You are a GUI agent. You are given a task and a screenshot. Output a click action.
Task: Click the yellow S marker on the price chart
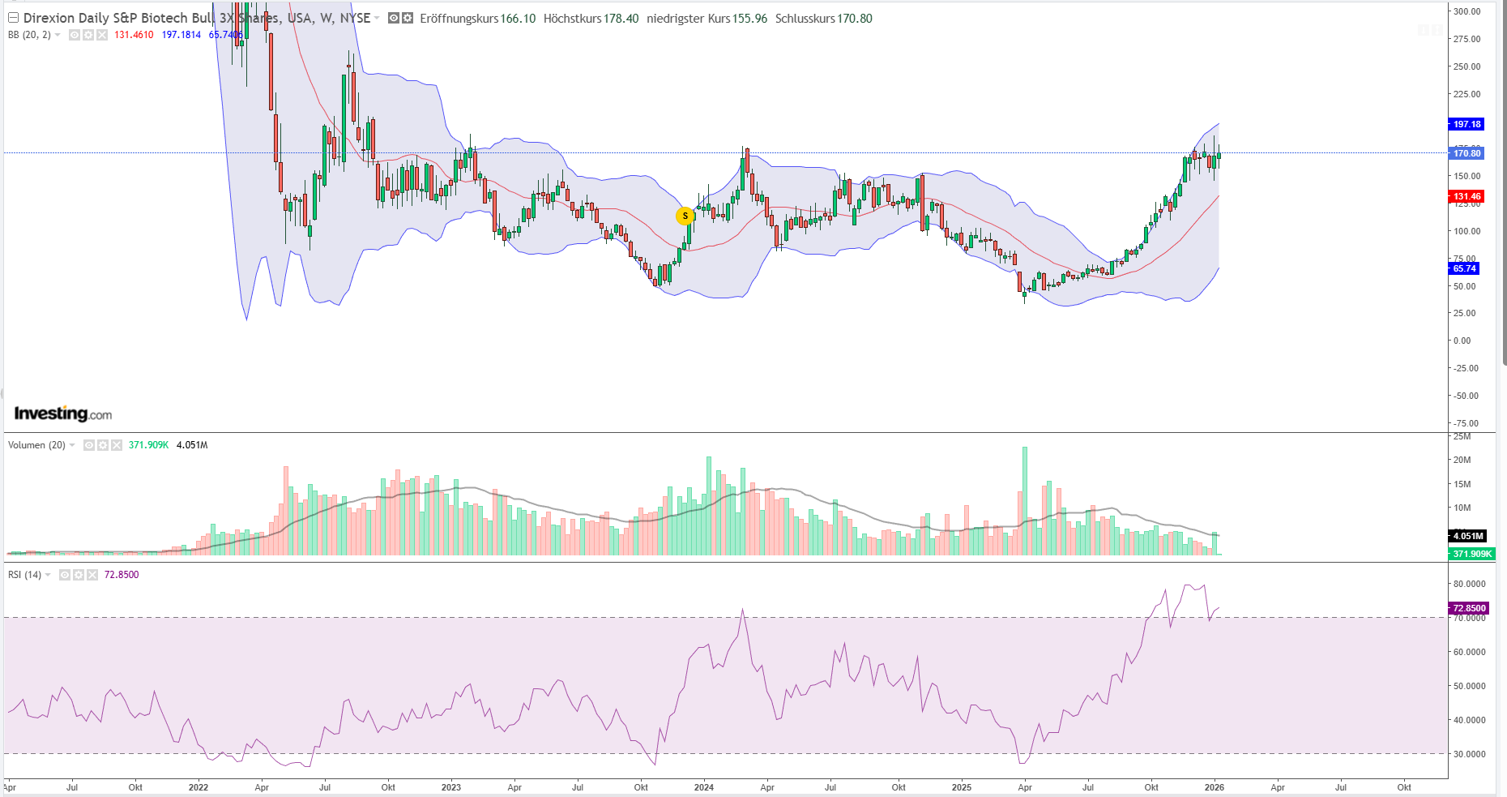click(x=685, y=216)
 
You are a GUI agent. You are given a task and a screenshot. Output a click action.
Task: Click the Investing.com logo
click(x=63, y=413)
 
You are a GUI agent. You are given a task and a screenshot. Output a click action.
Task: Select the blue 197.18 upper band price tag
click(x=1466, y=124)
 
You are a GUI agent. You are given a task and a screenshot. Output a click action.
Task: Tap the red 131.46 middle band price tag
click(x=1466, y=196)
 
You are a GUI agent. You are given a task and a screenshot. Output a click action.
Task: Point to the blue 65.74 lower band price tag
click(x=1464, y=268)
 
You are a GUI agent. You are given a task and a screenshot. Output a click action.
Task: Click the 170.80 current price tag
click(x=1466, y=153)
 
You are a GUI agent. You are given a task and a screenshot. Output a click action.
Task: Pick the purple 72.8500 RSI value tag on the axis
click(x=1468, y=608)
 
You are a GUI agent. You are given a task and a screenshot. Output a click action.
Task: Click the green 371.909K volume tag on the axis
click(x=1471, y=554)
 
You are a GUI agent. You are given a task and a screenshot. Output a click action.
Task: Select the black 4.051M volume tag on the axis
click(x=1467, y=536)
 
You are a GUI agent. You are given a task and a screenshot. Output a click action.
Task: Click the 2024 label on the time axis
click(x=704, y=787)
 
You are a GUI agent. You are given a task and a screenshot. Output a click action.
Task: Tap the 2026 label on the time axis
click(x=1214, y=787)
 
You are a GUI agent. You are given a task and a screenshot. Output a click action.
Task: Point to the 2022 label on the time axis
click(x=198, y=787)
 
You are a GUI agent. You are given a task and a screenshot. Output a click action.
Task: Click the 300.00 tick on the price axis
click(x=1466, y=11)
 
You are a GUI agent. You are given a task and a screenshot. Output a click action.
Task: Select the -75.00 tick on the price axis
click(x=1465, y=423)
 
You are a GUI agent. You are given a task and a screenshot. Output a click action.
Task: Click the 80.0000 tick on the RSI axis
click(x=1469, y=584)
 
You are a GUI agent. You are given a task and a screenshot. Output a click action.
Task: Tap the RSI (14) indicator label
click(x=24, y=575)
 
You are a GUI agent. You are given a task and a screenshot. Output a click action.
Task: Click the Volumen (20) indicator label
click(x=36, y=445)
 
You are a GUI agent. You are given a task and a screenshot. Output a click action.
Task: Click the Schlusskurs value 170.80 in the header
click(x=855, y=19)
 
